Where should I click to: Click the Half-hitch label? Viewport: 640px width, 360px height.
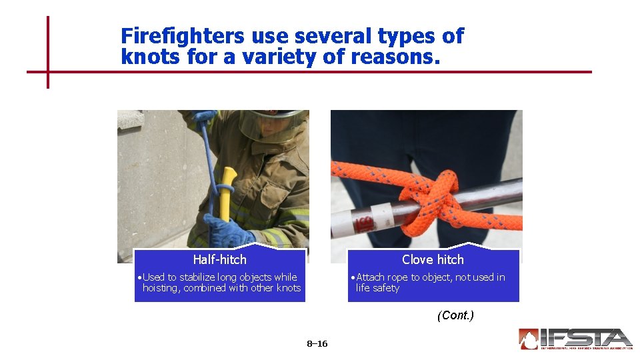[219, 260]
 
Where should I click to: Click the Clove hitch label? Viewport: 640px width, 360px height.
[433, 260]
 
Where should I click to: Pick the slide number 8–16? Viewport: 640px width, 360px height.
[317, 344]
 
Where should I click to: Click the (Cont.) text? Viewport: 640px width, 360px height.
[455, 315]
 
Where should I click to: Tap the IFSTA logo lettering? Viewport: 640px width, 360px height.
[587, 337]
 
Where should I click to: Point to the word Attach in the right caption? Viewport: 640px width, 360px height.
[371, 277]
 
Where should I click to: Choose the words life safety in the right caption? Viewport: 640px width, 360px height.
[377, 288]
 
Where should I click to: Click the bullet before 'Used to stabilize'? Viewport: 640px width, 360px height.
[138, 277]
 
